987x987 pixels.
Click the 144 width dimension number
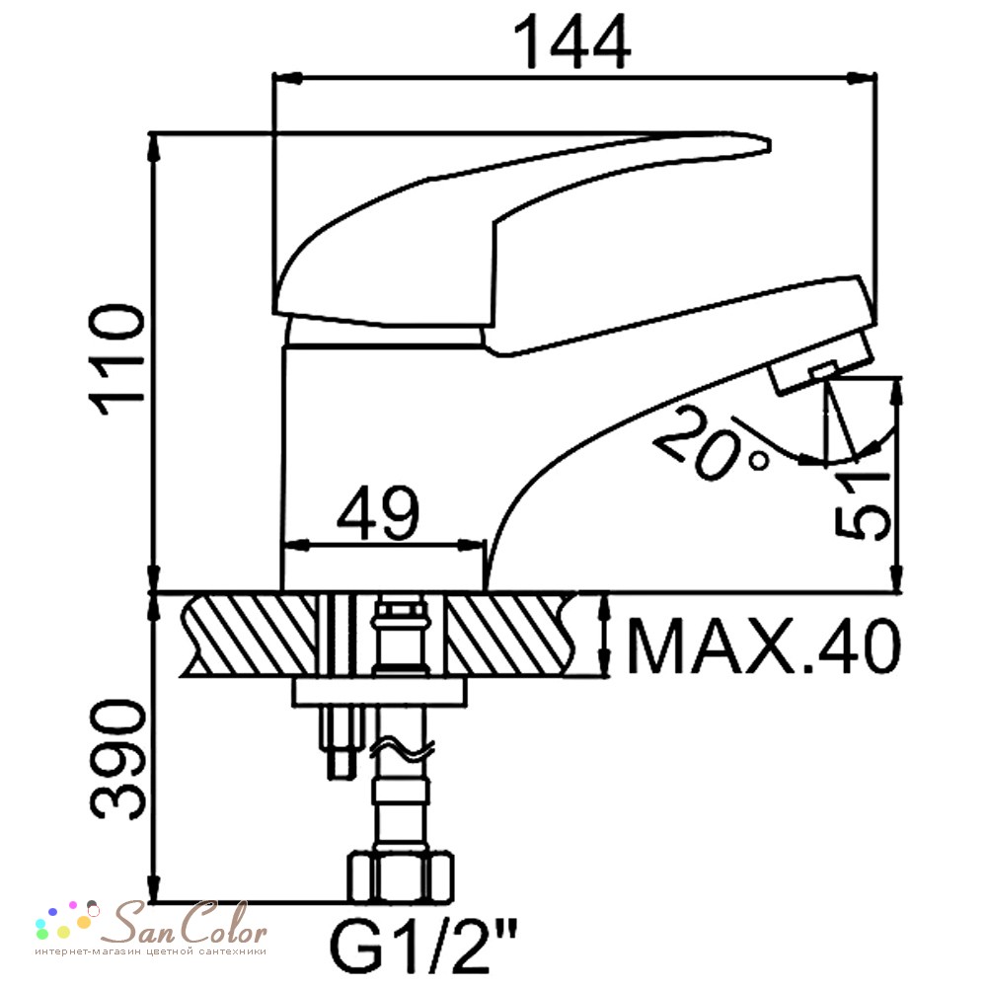[571, 41]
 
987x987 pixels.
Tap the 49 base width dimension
[377, 513]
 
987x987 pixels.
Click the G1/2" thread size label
[423, 945]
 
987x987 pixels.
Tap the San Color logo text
[184, 924]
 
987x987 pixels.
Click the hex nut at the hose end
[401, 876]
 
